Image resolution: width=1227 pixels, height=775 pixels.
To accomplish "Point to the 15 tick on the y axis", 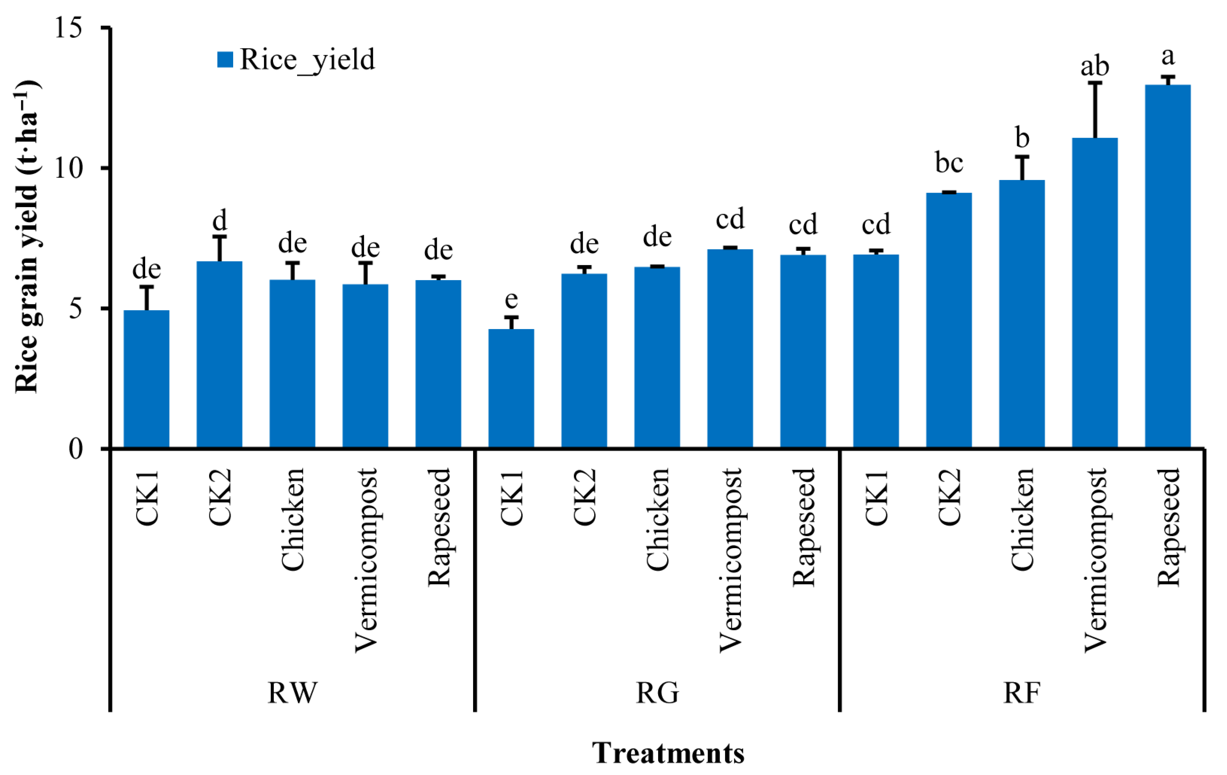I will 69,28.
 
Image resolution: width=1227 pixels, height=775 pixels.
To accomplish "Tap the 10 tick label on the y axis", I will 69,168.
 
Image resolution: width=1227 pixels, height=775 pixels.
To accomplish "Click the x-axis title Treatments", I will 668,753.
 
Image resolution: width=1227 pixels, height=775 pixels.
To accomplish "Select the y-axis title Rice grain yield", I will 26,237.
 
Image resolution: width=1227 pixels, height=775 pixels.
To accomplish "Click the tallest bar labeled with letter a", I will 1167,265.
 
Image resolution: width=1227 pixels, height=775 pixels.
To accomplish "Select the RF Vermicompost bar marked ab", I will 1094,293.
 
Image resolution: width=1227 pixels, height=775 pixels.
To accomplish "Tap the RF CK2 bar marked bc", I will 949,321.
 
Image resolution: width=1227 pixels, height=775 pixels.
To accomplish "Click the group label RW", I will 292,693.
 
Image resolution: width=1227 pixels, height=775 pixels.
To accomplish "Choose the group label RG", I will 657,693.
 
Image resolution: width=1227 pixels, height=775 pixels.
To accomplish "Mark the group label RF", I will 1022,693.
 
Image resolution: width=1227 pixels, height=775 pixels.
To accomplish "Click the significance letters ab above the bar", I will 1094,66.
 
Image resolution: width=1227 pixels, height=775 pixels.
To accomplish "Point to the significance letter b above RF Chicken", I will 1022,138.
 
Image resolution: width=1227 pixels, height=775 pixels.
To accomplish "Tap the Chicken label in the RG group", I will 657,520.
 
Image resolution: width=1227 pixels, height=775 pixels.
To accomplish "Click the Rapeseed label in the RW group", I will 439,527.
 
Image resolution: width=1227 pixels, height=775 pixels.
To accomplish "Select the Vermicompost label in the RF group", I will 1095,560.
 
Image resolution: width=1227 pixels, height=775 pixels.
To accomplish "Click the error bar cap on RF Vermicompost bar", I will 1095,82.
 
